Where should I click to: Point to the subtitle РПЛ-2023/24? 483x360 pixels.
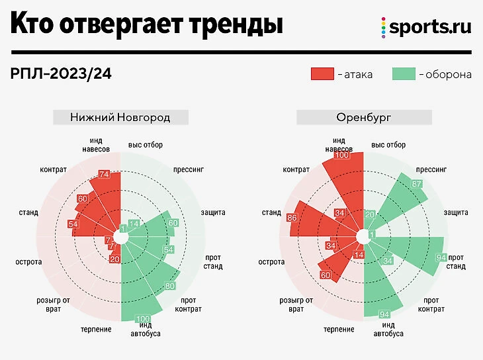click(x=61, y=73)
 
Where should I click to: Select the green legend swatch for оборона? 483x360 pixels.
click(x=403, y=73)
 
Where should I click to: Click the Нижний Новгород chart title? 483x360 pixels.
click(x=120, y=118)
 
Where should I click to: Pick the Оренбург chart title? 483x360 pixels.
click(x=363, y=118)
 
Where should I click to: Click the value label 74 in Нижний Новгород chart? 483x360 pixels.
click(x=103, y=174)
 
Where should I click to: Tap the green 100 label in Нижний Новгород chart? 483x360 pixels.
click(x=142, y=319)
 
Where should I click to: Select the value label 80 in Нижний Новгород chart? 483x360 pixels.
click(x=169, y=287)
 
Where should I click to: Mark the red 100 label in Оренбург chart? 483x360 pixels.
click(x=341, y=156)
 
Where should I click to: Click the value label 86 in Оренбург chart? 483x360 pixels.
click(x=292, y=217)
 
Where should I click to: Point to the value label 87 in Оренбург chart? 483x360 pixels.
click(x=417, y=183)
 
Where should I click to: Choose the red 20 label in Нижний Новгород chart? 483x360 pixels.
click(x=114, y=259)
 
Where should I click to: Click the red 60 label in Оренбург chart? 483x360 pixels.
click(x=325, y=275)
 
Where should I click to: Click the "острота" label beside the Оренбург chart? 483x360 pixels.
click(x=271, y=262)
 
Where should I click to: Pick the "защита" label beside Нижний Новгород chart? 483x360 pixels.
click(x=213, y=212)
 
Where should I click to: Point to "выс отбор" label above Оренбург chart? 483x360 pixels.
click(x=388, y=145)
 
